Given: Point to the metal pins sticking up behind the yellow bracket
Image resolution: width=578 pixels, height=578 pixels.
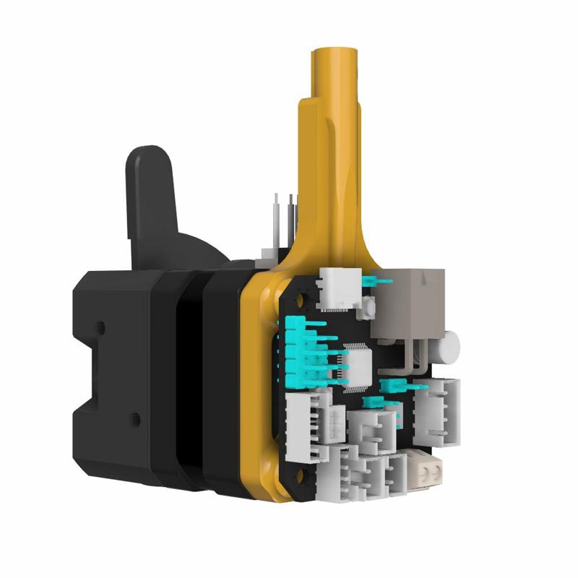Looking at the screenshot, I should click(x=285, y=217).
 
